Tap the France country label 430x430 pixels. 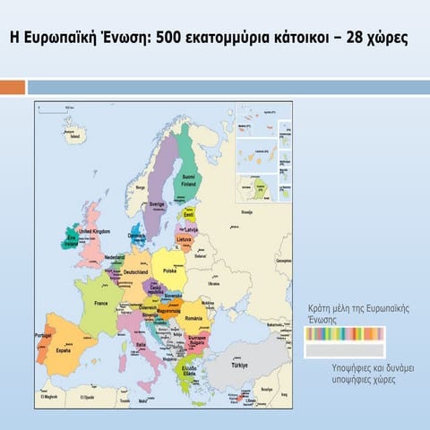pos(101,304)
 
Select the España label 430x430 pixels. pos(63,351)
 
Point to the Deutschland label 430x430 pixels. pos(135,272)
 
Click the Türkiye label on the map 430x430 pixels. pos(238,365)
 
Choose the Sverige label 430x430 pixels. pos(158,204)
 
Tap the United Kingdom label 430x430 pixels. pos(94,231)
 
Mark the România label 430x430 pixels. pos(194,318)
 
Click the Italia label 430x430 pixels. pos(141,344)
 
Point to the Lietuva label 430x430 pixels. pos(184,240)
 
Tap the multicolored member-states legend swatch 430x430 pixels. pos(345,333)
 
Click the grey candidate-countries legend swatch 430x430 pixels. pos(345,350)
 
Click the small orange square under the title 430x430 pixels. pos(13,87)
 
